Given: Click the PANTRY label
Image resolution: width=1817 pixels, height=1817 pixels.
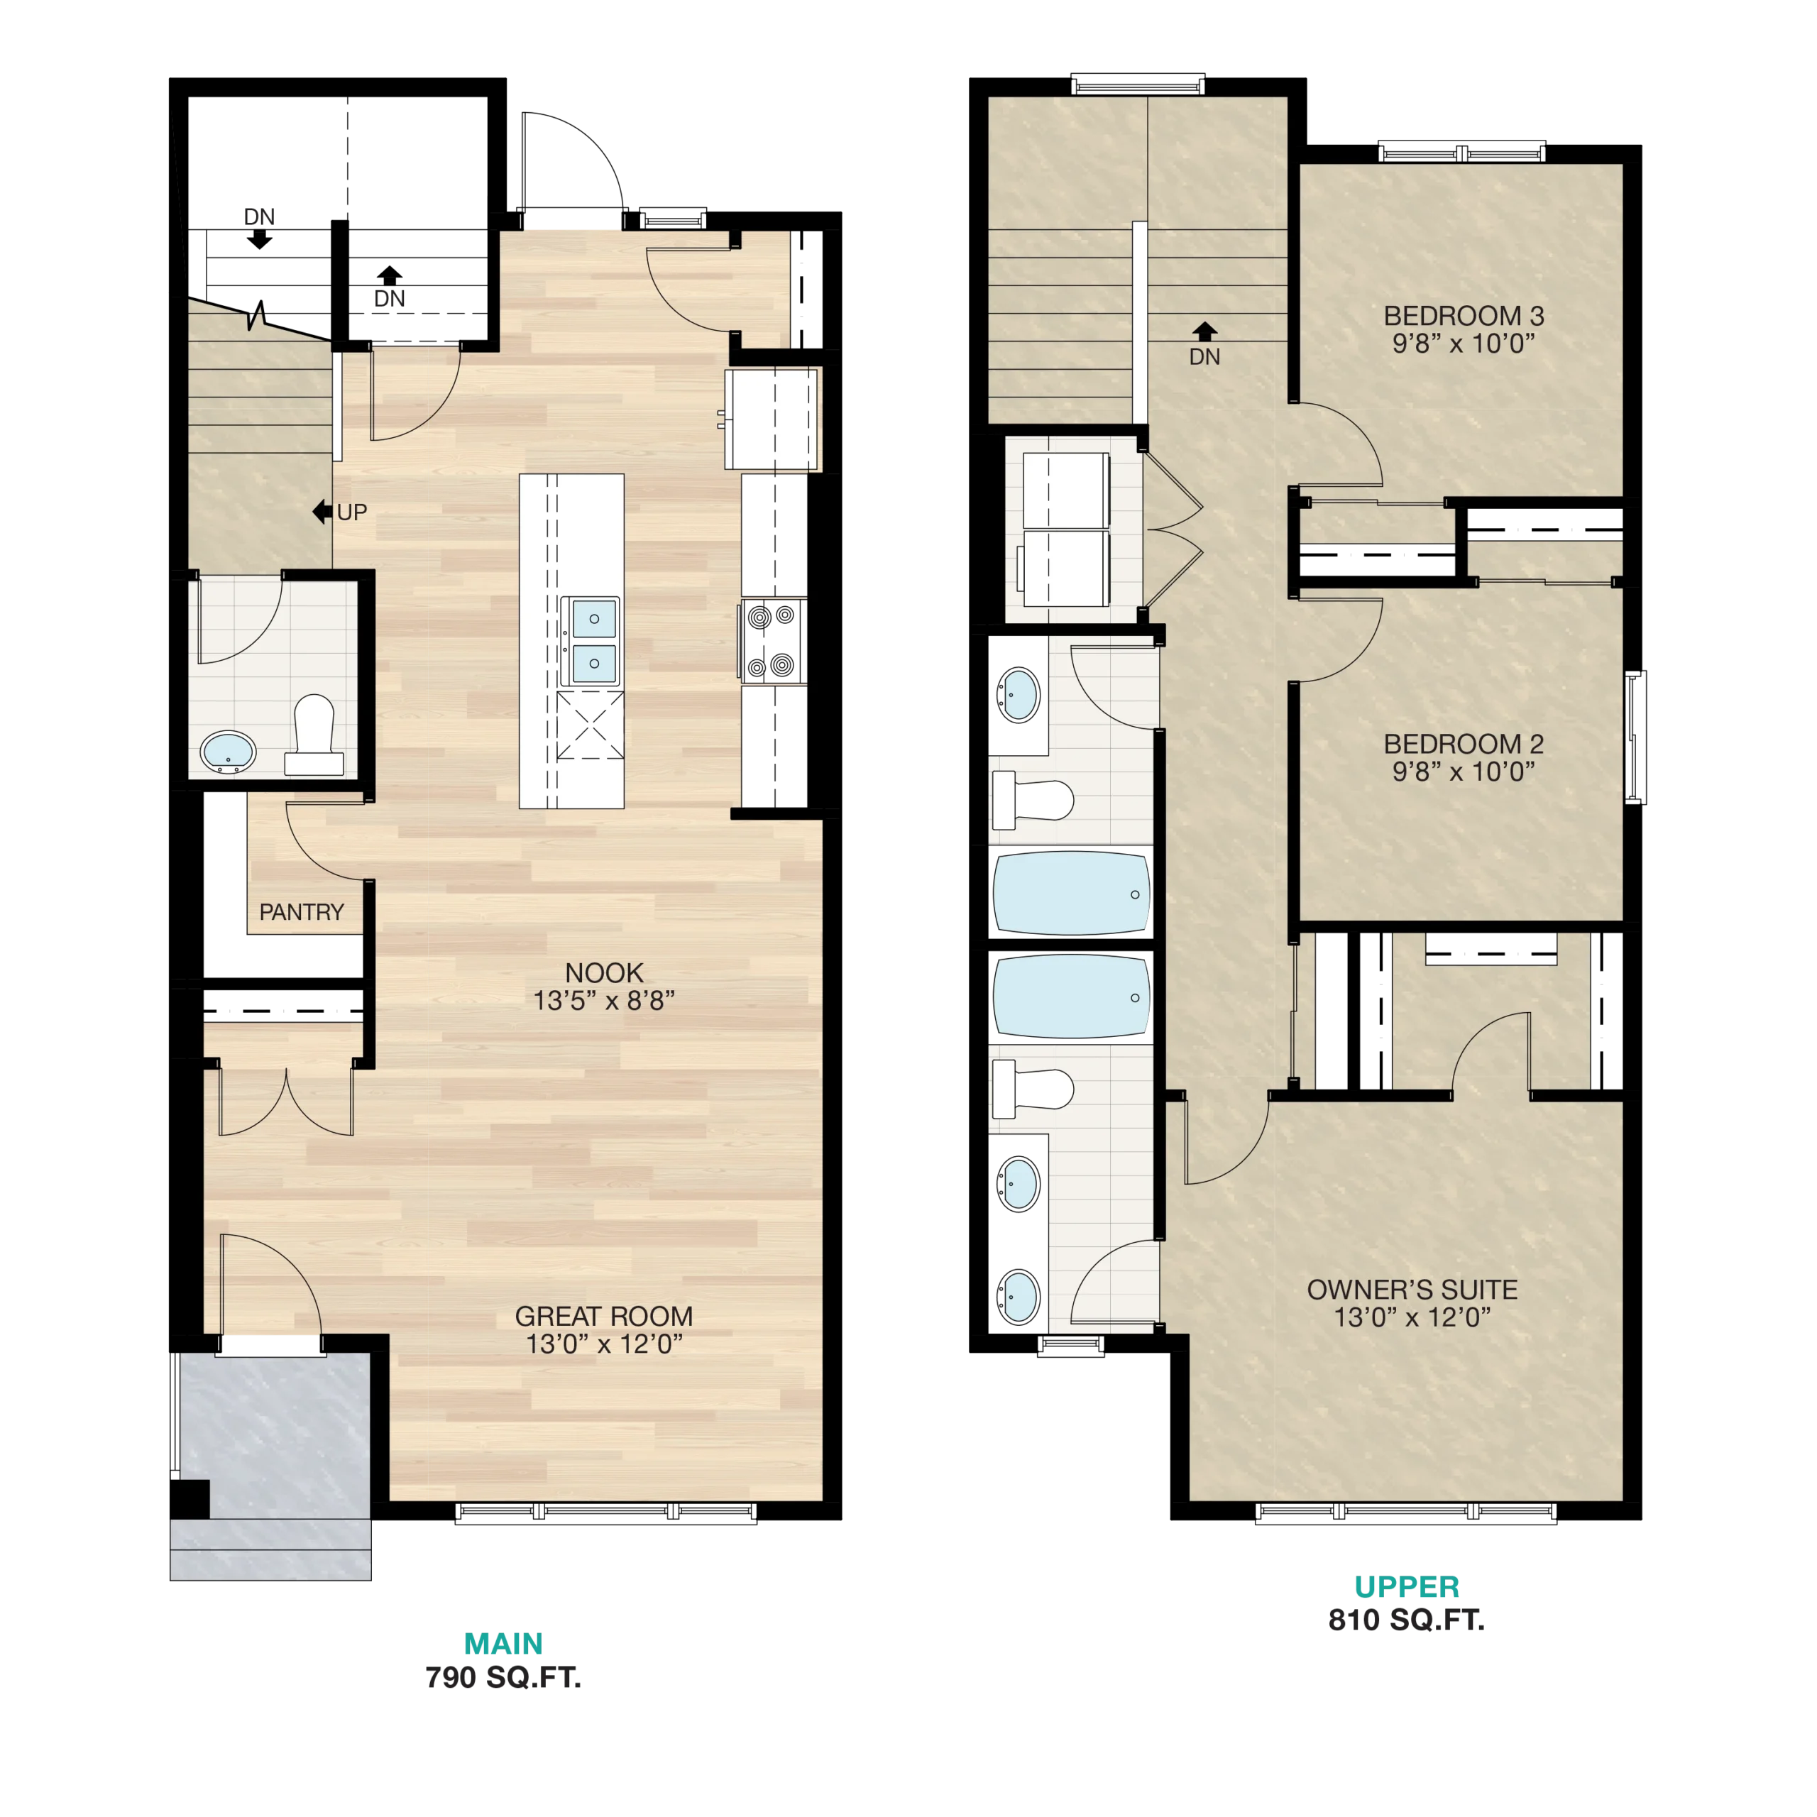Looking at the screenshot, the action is coord(301,912).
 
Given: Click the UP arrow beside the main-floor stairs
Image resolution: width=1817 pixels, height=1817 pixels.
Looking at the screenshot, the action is coord(322,512).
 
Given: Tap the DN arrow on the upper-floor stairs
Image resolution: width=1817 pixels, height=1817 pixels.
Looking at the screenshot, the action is coord(1204,331).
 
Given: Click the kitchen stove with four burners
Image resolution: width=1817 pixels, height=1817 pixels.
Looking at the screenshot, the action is coord(772,642).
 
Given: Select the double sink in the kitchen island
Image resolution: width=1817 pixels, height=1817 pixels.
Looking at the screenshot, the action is coord(591,640).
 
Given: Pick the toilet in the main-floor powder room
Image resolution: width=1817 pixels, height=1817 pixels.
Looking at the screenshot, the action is coord(314,735).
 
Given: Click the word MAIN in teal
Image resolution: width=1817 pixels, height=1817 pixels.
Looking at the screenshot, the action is coord(503,1643).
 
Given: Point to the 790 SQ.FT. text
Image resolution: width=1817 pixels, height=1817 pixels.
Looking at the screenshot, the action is coord(503,1677).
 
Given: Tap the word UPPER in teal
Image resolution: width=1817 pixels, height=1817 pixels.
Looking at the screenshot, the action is coord(1407,1586).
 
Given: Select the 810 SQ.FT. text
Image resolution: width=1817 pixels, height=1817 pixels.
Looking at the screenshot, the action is coord(1406,1620).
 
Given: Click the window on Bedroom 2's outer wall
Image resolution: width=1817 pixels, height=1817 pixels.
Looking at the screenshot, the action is coord(1635,737).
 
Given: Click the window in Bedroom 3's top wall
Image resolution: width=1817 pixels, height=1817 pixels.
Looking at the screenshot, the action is coord(1461,151).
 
